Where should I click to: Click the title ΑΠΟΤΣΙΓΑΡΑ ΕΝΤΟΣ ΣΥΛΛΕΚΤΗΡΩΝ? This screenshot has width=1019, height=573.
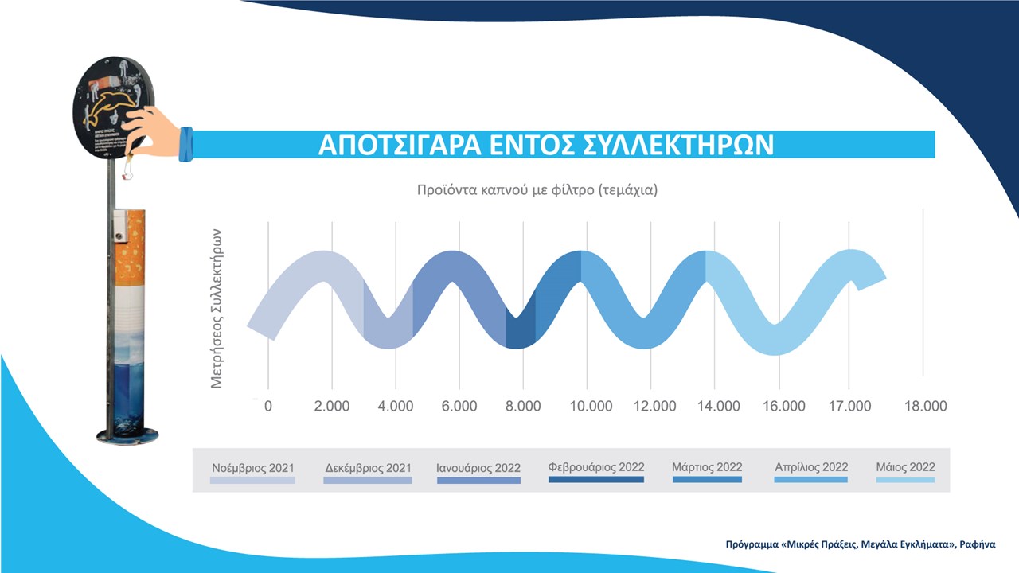(546, 146)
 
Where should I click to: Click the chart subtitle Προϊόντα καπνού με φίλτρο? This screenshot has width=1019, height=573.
(539, 191)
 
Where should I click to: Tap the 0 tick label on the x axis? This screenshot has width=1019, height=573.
(268, 406)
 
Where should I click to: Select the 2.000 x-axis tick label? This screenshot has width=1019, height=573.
(332, 406)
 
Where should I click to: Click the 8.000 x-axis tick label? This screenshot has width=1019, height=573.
(523, 406)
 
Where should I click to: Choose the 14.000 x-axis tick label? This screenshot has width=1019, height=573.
(718, 406)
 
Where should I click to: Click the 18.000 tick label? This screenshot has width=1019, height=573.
(925, 406)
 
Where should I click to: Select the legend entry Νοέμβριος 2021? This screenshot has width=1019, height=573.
(252, 468)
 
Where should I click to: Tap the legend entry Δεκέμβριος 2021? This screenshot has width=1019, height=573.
(369, 468)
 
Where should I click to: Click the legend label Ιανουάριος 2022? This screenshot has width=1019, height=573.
(478, 468)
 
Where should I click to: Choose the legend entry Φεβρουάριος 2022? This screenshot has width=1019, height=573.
(596, 467)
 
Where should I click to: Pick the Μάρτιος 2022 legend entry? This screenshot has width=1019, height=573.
(707, 467)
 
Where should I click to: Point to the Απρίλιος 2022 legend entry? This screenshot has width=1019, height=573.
(811, 467)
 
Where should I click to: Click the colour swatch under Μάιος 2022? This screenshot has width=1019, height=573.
(905, 480)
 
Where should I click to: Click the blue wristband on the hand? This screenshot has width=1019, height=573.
(185, 144)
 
